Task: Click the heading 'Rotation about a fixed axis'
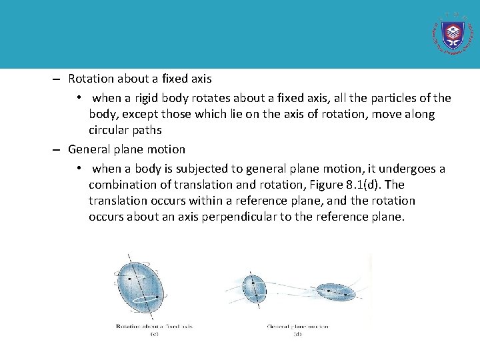[x=139, y=79]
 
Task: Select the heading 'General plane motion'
[x=127, y=149]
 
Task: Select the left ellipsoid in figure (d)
[x=253, y=289]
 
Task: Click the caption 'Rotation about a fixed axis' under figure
[x=154, y=326]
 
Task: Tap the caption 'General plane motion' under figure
[x=297, y=327]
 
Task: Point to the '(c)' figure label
[x=154, y=333]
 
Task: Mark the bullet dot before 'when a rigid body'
[x=79, y=97]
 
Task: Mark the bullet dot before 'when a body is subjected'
[x=79, y=168]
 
